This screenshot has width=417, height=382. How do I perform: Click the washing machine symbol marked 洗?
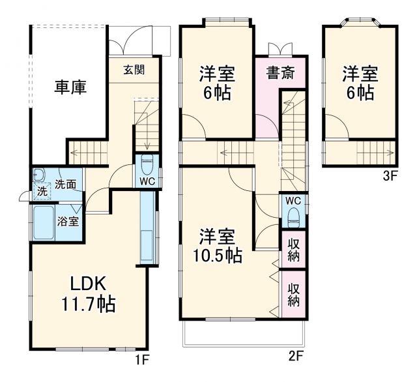coord(40,193)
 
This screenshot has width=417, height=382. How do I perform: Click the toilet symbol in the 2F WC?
coord(293,216)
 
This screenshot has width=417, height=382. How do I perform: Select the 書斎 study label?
coord(279,73)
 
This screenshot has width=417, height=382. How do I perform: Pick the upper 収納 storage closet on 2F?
coord(293,249)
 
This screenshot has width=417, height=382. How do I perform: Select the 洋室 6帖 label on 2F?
coord(217,83)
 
